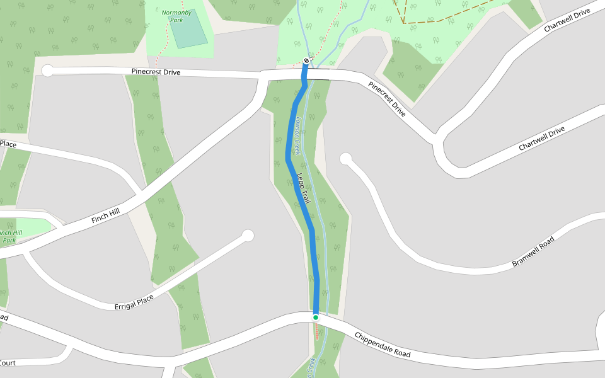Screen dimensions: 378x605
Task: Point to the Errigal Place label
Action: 134,302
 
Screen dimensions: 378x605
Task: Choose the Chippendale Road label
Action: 382,345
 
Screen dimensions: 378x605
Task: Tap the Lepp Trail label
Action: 304,188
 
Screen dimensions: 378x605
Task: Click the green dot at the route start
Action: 316,318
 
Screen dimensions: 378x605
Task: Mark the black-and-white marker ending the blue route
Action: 306,60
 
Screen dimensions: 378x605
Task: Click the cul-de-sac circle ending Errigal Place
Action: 248,236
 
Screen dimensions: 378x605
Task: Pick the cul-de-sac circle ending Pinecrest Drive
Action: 48,71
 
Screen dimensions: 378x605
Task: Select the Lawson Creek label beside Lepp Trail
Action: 296,135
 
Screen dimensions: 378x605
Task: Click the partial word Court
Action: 8,362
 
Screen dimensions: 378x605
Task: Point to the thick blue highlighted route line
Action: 301,202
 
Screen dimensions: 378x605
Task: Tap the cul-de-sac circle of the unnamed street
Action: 345,159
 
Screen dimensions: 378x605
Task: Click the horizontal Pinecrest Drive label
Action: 156,72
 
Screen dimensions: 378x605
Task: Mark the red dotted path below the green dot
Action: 316,331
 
